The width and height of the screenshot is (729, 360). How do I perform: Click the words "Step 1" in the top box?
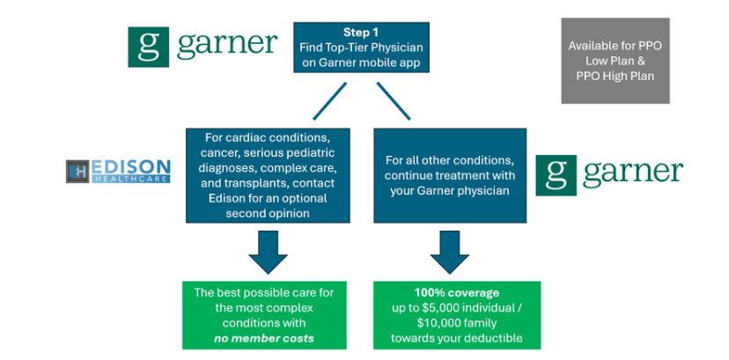[362, 32]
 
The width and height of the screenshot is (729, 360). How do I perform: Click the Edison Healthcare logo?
[118, 171]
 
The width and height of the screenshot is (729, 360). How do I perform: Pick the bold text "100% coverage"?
[457, 293]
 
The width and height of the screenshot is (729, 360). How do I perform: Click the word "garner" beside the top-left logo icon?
[227, 45]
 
